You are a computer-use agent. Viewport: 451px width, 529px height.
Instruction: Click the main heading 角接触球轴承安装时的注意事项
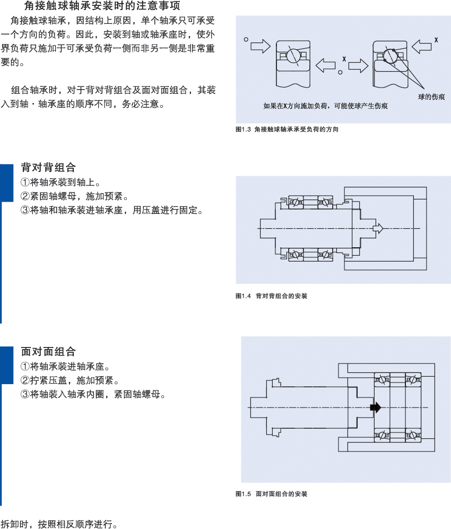[102, 5]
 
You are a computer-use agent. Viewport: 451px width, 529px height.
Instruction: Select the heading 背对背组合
[48, 167]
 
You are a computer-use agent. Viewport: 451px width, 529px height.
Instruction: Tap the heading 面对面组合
[48, 352]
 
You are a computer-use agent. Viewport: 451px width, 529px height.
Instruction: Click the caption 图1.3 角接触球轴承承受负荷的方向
[287, 129]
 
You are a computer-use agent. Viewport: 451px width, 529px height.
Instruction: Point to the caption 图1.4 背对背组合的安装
[271, 296]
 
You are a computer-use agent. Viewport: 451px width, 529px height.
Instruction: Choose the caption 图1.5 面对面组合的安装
[271, 494]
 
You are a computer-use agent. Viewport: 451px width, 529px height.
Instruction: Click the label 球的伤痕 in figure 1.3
[431, 97]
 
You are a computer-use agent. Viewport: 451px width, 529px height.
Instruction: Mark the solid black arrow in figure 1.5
[376, 407]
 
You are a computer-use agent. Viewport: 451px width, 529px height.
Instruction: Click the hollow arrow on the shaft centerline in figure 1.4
[378, 228]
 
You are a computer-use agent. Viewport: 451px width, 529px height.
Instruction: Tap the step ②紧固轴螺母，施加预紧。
[74, 196]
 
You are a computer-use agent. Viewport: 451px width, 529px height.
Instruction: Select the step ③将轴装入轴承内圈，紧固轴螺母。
[93, 394]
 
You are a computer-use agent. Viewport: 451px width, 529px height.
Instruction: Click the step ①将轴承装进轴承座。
[65, 367]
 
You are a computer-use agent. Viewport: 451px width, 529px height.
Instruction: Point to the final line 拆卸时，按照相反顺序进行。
[59, 524]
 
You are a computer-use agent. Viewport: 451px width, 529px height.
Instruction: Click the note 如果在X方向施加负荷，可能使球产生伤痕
[326, 106]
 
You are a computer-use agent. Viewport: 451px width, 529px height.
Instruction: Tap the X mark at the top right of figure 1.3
[436, 40]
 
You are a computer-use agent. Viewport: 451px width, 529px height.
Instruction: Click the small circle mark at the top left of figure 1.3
[246, 39]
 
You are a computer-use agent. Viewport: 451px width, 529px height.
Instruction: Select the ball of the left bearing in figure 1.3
[293, 55]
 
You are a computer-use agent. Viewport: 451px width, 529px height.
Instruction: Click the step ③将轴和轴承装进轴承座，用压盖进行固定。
[111, 210]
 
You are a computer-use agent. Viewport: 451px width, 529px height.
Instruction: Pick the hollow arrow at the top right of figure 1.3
[422, 47]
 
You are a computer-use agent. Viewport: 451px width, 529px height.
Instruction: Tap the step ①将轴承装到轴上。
[60, 182]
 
